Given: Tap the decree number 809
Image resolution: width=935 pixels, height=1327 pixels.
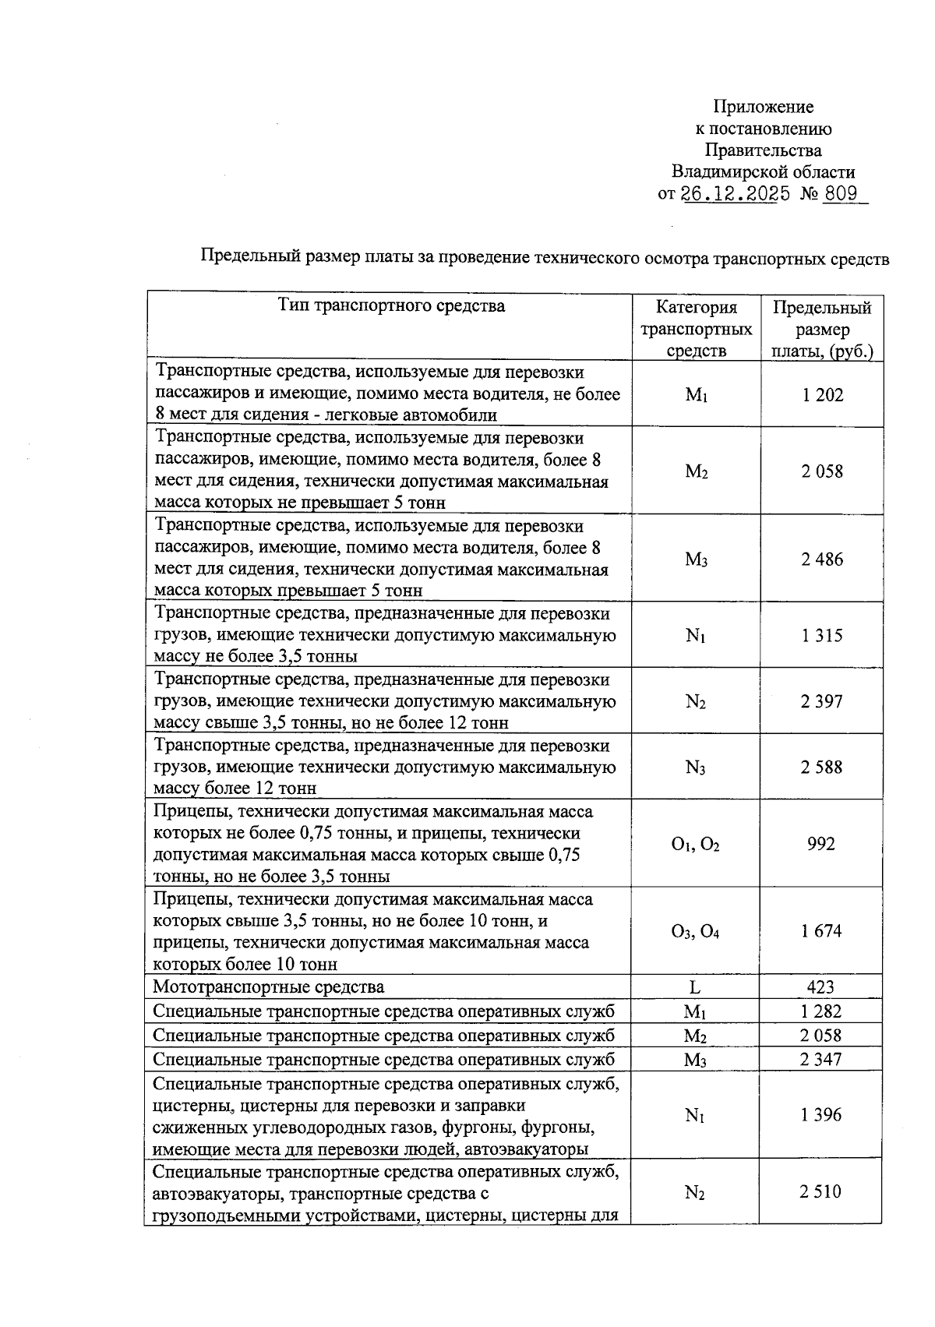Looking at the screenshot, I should [841, 194].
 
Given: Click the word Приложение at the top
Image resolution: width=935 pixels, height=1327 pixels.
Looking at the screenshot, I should [764, 107].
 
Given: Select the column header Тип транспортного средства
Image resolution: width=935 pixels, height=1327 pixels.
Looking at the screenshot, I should [391, 305].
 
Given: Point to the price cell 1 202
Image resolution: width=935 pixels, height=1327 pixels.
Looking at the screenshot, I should [822, 395].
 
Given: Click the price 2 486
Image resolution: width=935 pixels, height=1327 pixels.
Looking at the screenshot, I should [822, 559].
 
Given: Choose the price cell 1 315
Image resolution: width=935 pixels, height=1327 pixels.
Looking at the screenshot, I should [822, 636].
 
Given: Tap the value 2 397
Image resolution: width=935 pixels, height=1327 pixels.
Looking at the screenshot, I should [822, 702].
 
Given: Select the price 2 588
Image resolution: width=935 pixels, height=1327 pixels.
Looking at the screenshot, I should [822, 768].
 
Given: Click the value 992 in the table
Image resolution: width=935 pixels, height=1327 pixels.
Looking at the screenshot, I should [821, 844].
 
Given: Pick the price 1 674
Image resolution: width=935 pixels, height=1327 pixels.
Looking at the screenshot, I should [822, 931].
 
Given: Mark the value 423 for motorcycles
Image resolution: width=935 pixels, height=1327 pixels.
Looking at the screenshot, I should [821, 987].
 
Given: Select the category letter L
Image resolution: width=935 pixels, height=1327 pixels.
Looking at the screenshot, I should [695, 987].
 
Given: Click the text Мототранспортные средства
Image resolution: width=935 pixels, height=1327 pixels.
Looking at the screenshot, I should [268, 987].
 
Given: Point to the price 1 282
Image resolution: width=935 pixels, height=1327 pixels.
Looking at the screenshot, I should [821, 1012].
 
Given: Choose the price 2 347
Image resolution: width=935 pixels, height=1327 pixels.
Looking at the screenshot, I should [821, 1060].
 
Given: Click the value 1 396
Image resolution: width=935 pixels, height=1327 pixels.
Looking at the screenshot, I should [821, 1116].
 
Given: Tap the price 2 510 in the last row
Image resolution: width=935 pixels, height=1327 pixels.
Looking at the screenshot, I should [821, 1191].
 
